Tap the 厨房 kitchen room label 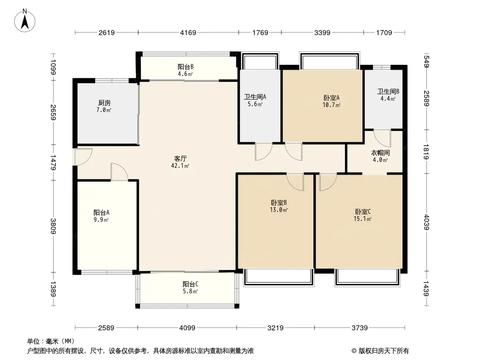click(104, 103)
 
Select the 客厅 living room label click(181, 159)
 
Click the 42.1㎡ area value click(182, 166)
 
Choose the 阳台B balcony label click(185, 67)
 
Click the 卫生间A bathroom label click(255, 96)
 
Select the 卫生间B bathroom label click(388, 92)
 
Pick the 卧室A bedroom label click(331, 98)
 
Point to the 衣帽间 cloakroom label click(380, 153)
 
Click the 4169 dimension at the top click(188, 32)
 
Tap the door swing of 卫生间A click(263, 152)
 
